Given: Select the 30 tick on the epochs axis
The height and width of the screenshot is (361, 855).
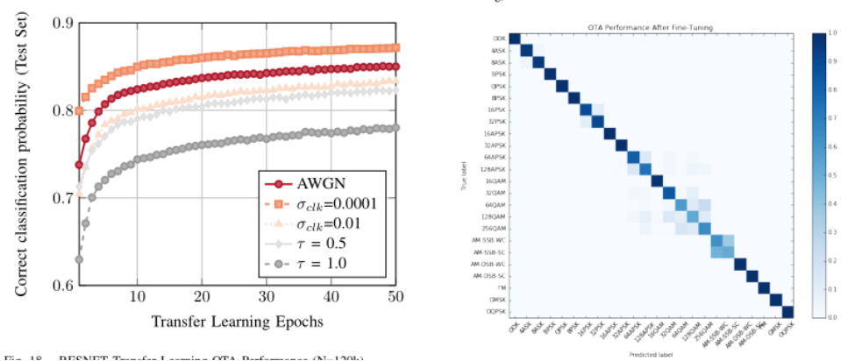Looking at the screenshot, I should point(266,298).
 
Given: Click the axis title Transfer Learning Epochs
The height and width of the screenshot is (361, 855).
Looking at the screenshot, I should point(238,322).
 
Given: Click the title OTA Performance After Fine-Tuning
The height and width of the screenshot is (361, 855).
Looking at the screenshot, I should point(649,28).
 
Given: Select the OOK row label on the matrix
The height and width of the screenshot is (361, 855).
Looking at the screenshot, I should point(499,39).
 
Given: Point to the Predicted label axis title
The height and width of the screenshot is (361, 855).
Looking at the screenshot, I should point(650,354).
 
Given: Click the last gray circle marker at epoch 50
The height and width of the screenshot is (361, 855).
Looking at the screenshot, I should point(395,128).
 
